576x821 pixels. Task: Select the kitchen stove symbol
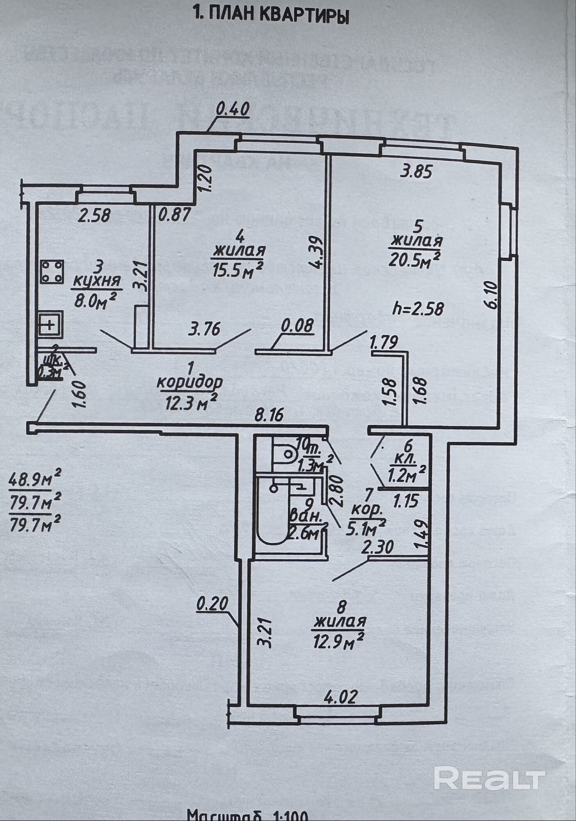pos(52,272)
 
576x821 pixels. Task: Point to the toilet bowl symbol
pos(287,453)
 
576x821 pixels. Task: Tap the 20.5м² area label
pos(414,260)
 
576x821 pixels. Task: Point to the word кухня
pos(97,281)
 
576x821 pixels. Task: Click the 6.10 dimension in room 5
pos(492,294)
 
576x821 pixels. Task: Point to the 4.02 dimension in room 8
pos(341,696)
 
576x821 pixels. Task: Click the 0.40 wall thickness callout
pos(232,110)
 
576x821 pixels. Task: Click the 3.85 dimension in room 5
pos(416,172)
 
